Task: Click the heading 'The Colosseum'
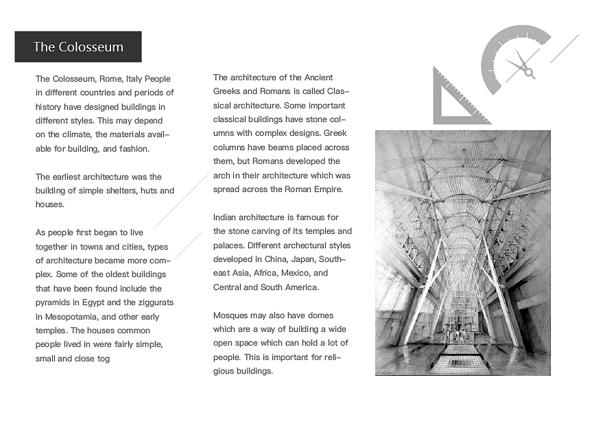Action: pos(78,47)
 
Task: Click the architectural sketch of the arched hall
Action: pos(462,253)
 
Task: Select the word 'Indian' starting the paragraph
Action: pos(226,217)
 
